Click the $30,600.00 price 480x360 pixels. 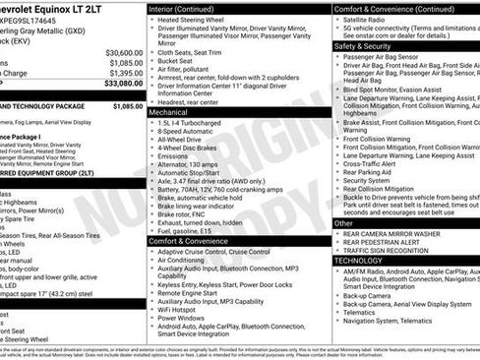coord(124,52)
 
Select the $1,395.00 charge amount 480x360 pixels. coord(125,74)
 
